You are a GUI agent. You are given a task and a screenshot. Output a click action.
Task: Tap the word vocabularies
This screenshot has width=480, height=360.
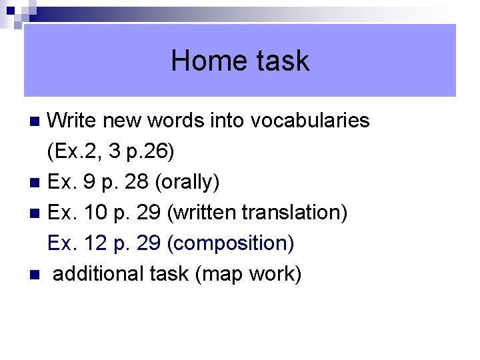click(x=310, y=121)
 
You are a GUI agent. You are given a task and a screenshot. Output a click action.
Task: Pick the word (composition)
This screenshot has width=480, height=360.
click(x=231, y=243)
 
